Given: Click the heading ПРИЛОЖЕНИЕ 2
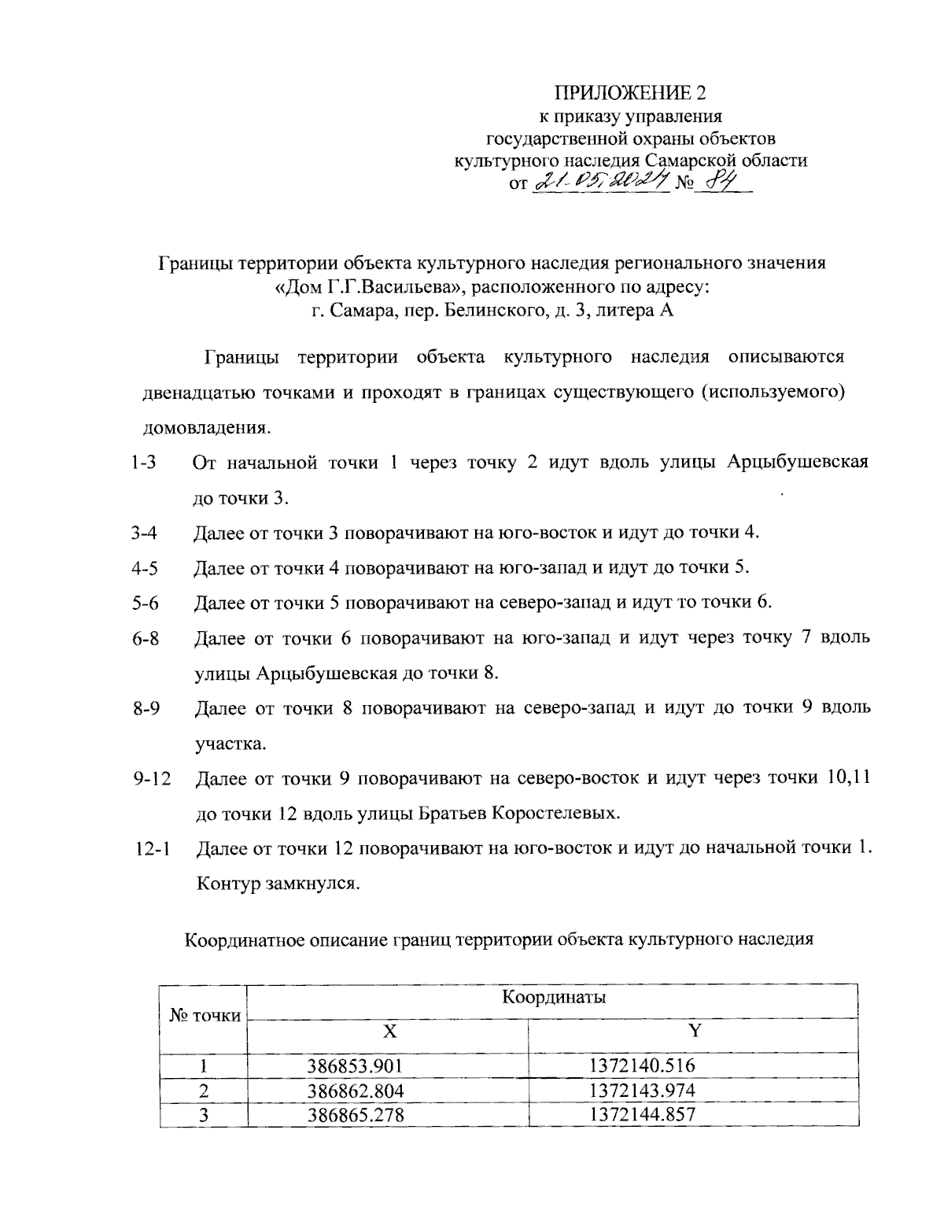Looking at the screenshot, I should pos(631,94).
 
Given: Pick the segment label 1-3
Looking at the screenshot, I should pos(145,463).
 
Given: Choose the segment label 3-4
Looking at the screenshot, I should pos(145,533).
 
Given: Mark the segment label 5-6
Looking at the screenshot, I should pos(145,604).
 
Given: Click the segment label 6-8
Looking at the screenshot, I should pos(146,638).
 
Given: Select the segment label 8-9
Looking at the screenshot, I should pos(146,708).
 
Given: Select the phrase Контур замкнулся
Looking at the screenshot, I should pos(278,883).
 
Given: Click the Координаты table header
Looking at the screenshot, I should pos(554,998).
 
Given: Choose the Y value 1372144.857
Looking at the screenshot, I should pos(642,1114).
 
